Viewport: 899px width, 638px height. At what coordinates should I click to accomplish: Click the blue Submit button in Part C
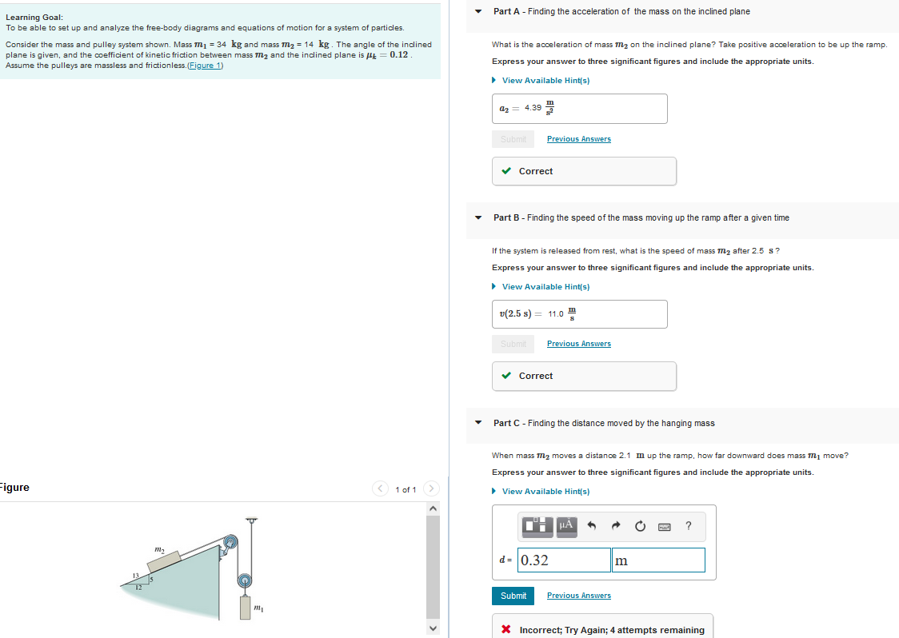pos(513,596)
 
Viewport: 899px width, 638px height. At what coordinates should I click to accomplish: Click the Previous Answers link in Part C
pos(578,596)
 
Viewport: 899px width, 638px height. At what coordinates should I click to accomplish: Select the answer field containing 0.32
pos(564,560)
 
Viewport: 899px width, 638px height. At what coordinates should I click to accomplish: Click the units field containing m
pos(658,560)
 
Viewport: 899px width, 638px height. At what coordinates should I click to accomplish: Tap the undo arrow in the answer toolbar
pos(592,526)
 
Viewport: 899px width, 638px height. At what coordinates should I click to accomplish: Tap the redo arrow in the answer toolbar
pos(616,526)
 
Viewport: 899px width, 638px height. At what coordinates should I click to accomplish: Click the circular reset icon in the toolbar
pos(640,526)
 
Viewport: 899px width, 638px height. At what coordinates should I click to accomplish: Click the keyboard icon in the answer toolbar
pos(665,526)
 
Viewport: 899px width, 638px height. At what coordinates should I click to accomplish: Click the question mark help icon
pos(689,525)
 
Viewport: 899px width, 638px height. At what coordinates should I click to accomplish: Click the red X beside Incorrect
pos(506,630)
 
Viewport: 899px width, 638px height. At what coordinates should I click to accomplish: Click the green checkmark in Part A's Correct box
pos(506,171)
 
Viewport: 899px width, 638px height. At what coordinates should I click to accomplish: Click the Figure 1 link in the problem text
pos(204,66)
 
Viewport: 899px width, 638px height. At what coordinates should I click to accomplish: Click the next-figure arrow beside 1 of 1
pos(431,488)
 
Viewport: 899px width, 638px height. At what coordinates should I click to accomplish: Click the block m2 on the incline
pos(164,560)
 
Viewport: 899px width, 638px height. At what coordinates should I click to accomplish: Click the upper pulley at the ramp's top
pos(230,544)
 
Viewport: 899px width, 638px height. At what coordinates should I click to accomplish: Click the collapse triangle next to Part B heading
pos(478,217)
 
